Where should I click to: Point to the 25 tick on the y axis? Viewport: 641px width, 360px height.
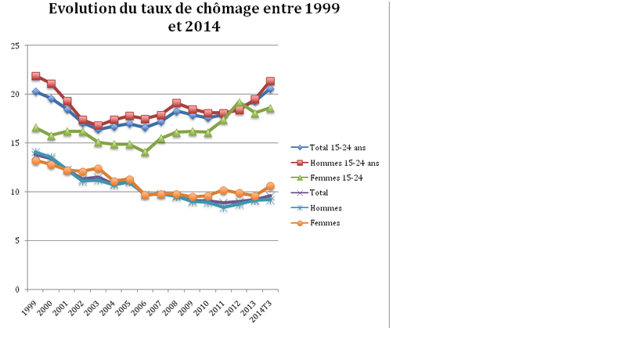(15, 45)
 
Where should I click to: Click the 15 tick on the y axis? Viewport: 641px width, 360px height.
(15, 143)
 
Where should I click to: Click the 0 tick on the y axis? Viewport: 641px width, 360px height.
(17, 290)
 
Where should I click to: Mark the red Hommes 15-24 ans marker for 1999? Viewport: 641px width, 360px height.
(36, 77)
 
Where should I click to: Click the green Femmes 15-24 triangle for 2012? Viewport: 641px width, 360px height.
(239, 103)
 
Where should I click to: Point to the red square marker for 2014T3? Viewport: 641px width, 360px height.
(270, 81)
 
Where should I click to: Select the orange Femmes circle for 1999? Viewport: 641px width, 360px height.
(36, 161)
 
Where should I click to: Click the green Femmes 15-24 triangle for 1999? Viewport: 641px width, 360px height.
(36, 128)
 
